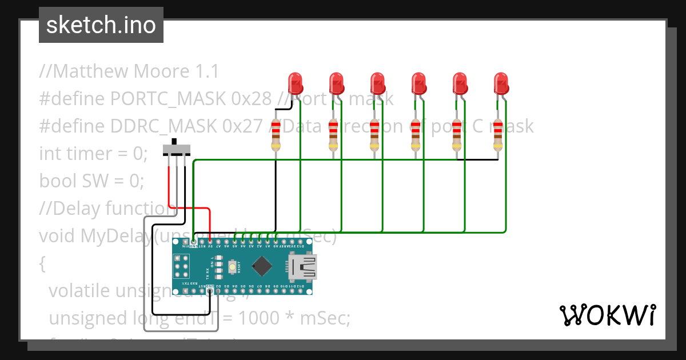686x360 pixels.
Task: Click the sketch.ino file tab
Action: tap(101, 25)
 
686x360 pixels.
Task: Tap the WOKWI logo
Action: tap(607, 315)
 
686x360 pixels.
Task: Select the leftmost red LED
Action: tap(295, 83)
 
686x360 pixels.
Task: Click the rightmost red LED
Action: tap(501, 83)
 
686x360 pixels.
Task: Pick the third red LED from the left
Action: tap(377, 83)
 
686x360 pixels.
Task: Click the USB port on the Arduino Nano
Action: tap(301, 267)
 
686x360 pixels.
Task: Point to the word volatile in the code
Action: tap(79, 291)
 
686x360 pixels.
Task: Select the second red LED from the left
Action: tap(336, 83)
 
